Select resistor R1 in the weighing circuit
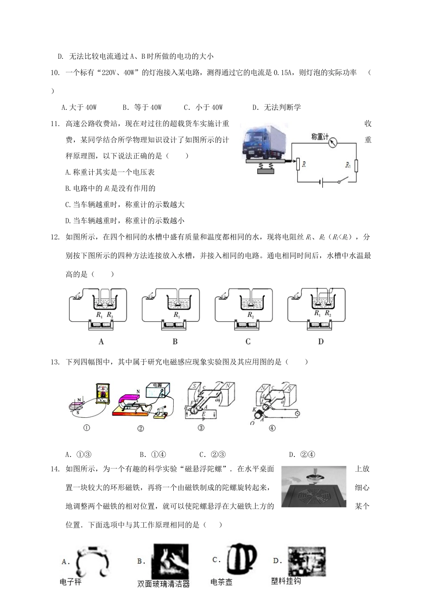(356, 166)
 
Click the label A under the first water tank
(101, 342)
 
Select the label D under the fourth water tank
(321, 342)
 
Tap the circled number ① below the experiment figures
(87, 428)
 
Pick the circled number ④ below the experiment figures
(272, 428)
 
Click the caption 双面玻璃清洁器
(163, 584)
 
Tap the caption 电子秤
(71, 582)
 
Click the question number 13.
(55, 362)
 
